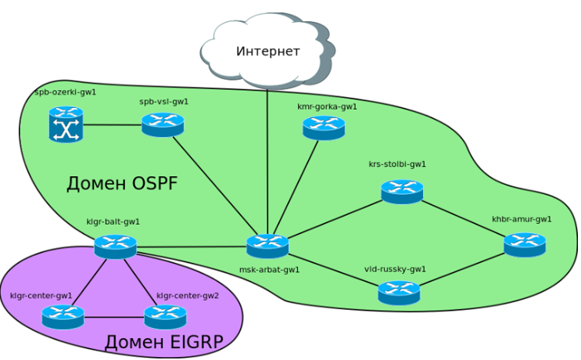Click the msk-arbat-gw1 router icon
point(267,246)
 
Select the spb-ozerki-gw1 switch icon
point(66,125)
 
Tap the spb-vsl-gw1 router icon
point(163,124)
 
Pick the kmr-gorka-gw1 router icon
point(324,128)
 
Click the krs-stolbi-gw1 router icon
point(402,192)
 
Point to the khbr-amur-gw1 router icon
point(525,245)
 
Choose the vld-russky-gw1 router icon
point(399,293)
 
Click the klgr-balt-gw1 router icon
point(115,247)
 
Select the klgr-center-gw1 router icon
point(63,317)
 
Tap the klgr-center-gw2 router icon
point(165,317)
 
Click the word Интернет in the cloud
point(268,52)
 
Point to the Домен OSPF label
point(122,184)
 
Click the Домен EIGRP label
point(164,342)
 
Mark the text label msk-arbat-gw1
point(269,269)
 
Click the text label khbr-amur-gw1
point(522,219)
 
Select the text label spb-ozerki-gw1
point(66,92)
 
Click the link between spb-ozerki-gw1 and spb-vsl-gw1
point(113,125)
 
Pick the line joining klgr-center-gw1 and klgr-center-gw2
point(114,318)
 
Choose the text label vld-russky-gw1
point(395,269)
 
